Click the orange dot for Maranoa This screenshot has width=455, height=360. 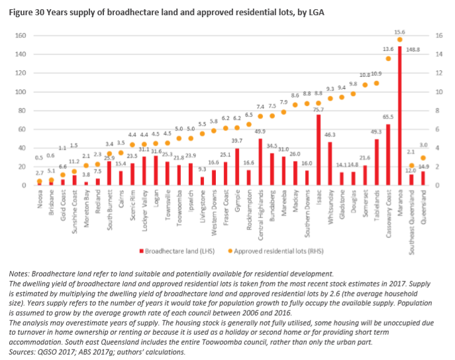pyautogui.click(x=400, y=40)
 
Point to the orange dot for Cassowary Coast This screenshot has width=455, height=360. pyautogui.click(x=388, y=58)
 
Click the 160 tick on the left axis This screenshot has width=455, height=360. pyautogui.click(x=20, y=36)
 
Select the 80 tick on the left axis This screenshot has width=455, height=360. pyautogui.click(x=21, y=111)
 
